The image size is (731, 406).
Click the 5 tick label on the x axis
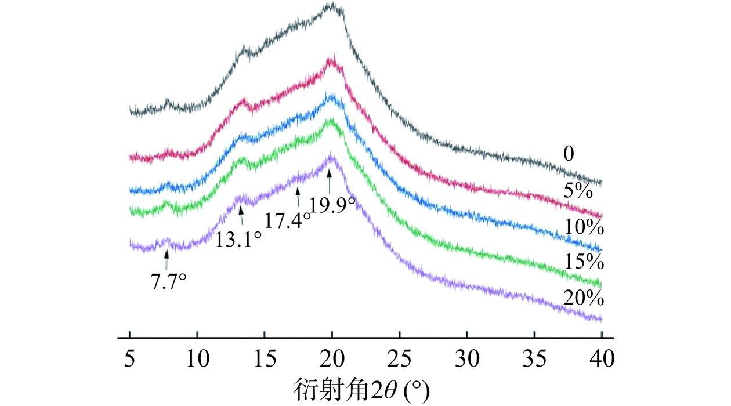click(x=130, y=360)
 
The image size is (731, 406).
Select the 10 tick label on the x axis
click(x=197, y=360)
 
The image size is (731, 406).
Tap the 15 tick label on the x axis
click(x=265, y=360)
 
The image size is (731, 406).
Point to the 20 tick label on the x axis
click(x=332, y=360)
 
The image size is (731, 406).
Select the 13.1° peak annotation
click(x=238, y=239)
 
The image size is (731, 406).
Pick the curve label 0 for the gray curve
click(x=569, y=154)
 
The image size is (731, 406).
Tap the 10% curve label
click(x=584, y=227)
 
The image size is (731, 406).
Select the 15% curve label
click(x=584, y=262)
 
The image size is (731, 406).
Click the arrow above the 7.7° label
click(x=167, y=259)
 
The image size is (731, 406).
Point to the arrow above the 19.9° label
click(x=330, y=180)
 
